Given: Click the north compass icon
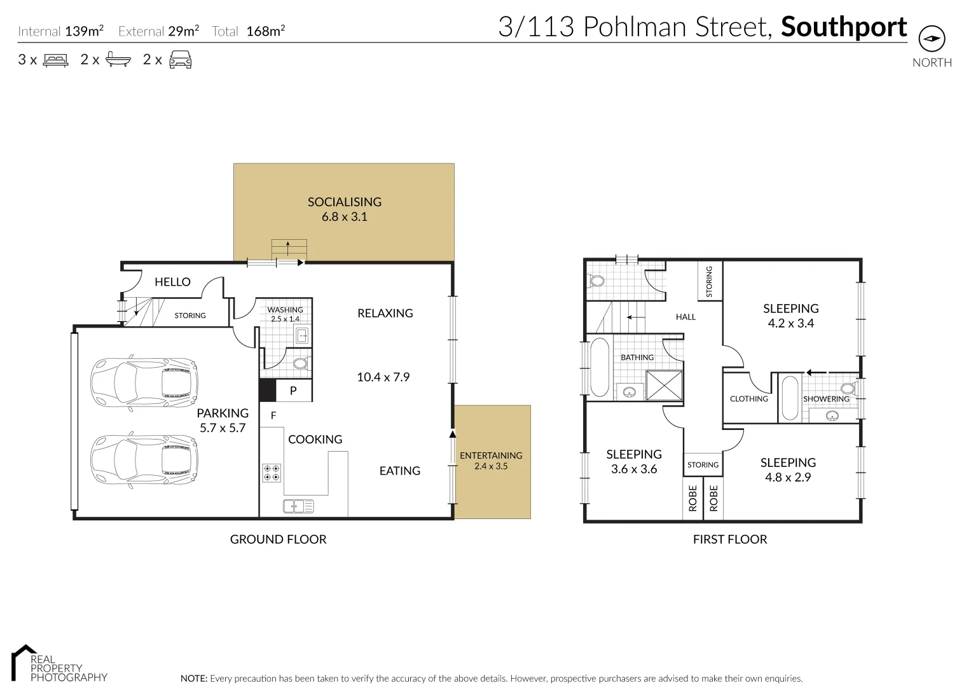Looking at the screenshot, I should (932, 39).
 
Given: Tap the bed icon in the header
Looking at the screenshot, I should (55, 60).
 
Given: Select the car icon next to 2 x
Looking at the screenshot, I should (180, 60).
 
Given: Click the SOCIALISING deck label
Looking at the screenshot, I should (344, 202).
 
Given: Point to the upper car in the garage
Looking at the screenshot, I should (144, 381).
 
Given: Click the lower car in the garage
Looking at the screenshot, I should (144, 461).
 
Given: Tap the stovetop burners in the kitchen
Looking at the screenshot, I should (272, 473).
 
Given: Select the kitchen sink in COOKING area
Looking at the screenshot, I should (298, 506).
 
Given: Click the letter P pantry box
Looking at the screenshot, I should (293, 391).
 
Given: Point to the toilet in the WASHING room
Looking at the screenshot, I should (300, 363).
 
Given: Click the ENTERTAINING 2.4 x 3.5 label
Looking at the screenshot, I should (491, 461).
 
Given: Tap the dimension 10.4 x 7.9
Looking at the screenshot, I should (383, 377).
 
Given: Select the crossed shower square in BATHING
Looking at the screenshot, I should (664, 385).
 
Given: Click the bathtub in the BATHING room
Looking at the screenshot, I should (599, 367).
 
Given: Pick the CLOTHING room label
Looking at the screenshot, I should (748, 399).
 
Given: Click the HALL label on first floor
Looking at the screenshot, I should (685, 317).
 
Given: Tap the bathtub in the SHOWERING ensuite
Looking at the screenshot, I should (789, 398).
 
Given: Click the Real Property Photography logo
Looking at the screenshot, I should (59, 664).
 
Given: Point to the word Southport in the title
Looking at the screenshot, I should (843, 27).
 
